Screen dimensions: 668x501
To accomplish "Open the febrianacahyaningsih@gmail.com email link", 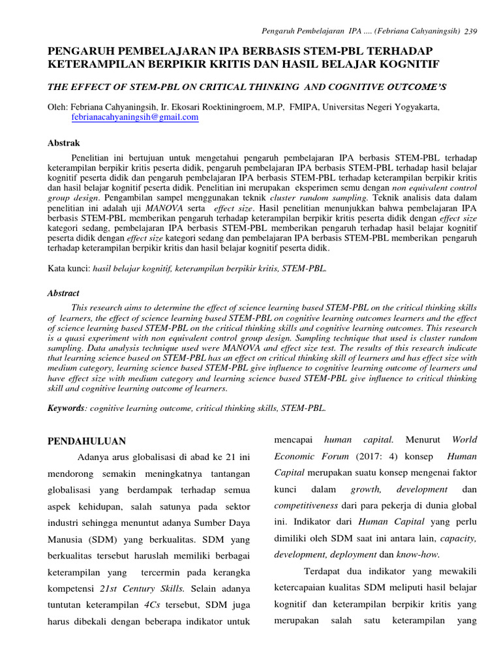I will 135,117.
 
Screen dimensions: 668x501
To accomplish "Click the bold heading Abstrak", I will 63,142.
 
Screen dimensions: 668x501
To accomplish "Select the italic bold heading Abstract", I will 63,294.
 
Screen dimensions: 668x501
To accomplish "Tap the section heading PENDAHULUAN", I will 87,441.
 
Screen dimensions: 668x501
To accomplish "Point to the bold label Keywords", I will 66,408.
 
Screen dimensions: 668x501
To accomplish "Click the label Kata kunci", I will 69,267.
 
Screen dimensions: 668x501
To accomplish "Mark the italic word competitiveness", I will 305,506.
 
